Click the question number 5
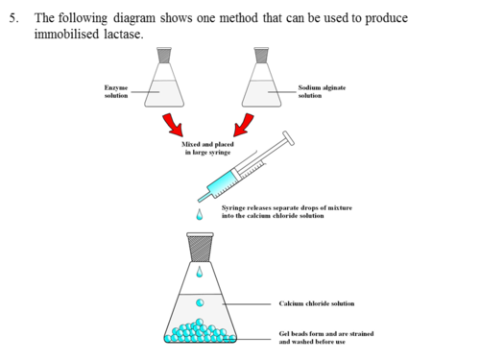coord(13,18)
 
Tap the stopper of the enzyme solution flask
coord(164,55)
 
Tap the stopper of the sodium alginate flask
coord(261,55)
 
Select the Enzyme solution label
coord(116,91)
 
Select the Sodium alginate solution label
coord(322,91)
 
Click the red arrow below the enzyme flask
coord(174,125)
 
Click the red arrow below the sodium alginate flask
coord(244,125)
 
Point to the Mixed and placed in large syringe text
coord(207,148)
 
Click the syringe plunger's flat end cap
coord(288,138)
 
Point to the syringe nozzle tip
coord(200,201)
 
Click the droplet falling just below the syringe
coord(200,215)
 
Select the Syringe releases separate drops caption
coord(287,211)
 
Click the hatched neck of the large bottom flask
coord(200,248)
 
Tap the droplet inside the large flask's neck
coord(200,272)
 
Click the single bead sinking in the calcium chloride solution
coord(200,302)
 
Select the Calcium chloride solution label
coord(317,303)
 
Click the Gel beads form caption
coord(326,338)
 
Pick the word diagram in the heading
coord(134,18)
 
